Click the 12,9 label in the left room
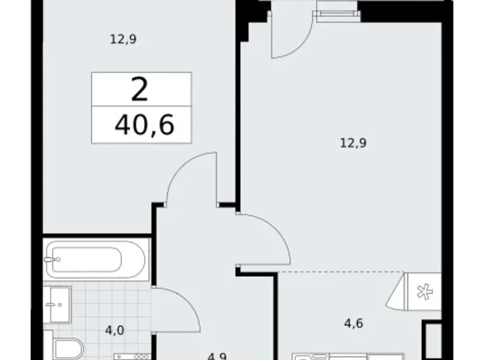pyautogui.click(x=123, y=40)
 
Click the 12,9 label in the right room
pyautogui.click(x=352, y=143)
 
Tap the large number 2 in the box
pyautogui.click(x=140, y=91)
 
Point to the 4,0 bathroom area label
pyautogui.click(x=114, y=330)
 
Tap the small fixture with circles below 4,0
pyautogui.click(x=132, y=356)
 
